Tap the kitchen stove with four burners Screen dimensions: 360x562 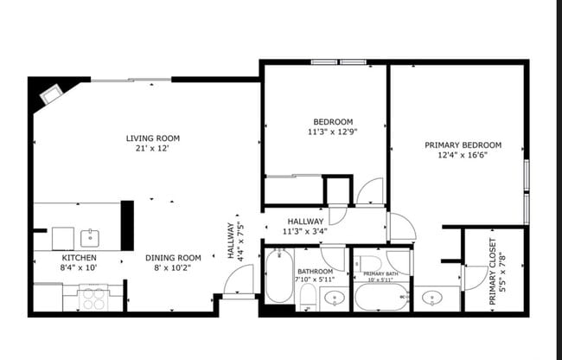[x=92, y=298]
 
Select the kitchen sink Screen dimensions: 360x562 [x=90, y=237]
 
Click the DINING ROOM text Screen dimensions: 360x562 [x=173, y=258]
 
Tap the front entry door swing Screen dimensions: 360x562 [x=239, y=280]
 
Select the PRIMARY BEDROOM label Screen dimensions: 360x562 [x=463, y=145]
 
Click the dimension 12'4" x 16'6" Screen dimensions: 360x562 [x=463, y=157]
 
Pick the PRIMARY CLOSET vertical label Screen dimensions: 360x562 [x=493, y=273]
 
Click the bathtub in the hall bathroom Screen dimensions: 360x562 [x=278, y=276]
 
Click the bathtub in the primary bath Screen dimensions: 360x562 [x=378, y=299]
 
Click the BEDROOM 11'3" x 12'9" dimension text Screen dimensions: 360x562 [x=332, y=132]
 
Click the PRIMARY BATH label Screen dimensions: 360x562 [x=380, y=273]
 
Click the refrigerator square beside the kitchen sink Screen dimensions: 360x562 [x=63, y=238]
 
